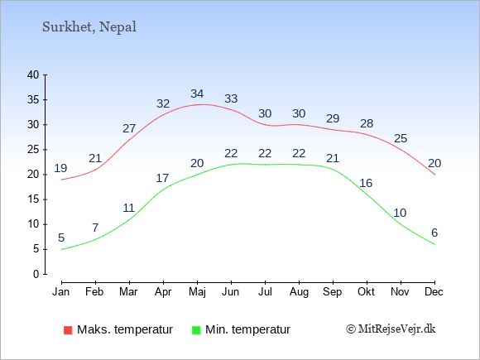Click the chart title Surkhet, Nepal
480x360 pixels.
pos(89,27)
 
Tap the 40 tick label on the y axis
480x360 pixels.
pos(33,74)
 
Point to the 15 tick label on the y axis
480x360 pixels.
pos(33,199)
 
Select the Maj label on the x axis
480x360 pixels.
pos(197,292)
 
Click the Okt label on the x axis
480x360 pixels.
pos(366,291)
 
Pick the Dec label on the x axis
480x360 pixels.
pos(434,291)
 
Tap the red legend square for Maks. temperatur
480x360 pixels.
pos(68,330)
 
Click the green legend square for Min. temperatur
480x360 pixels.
pos(196,330)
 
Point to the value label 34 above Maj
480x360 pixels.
pos(197,94)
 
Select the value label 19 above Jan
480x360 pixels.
pos(60,168)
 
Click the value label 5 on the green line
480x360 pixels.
pos(61,238)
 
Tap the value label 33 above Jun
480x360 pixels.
pos(231,98)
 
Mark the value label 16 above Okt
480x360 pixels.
pos(366,183)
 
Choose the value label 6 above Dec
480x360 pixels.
pos(434,233)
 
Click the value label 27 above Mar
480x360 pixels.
pos(129,128)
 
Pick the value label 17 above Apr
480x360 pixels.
pos(162,178)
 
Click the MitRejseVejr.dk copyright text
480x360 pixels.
pos(391,329)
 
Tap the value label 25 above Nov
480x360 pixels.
pos(401,138)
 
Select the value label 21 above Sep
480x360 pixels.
pos(333,158)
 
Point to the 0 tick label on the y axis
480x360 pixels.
pos(36,274)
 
